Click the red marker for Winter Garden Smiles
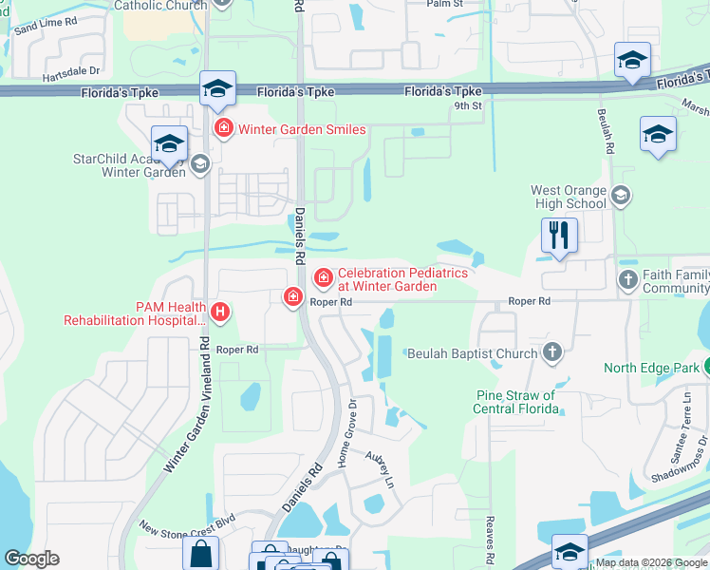click(x=224, y=128)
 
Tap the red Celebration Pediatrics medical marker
click(x=323, y=277)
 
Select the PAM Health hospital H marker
click(x=220, y=311)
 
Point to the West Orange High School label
click(x=568, y=197)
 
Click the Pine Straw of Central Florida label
click(x=515, y=402)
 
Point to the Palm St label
click(x=443, y=4)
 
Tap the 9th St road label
click(x=468, y=105)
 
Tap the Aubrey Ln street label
click(x=380, y=468)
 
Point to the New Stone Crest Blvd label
click(x=187, y=526)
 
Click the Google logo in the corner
click(x=31, y=559)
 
